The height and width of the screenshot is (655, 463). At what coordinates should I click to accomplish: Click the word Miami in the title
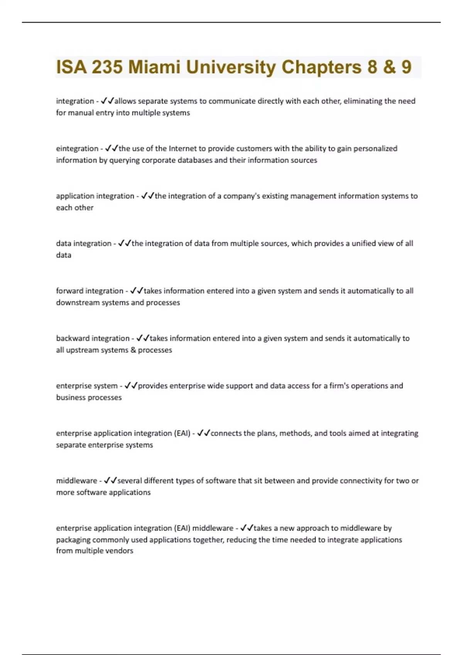click(154, 67)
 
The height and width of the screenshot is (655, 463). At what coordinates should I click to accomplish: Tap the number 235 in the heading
click(107, 67)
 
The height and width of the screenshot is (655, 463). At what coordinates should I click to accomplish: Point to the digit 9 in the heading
click(406, 67)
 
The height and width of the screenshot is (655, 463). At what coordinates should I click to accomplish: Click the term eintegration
click(77, 149)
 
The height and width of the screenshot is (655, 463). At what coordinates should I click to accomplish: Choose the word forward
click(69, 291)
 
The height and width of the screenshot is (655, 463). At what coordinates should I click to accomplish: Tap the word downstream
click(75, 303)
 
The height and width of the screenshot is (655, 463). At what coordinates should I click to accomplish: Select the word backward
click(72, 338)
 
